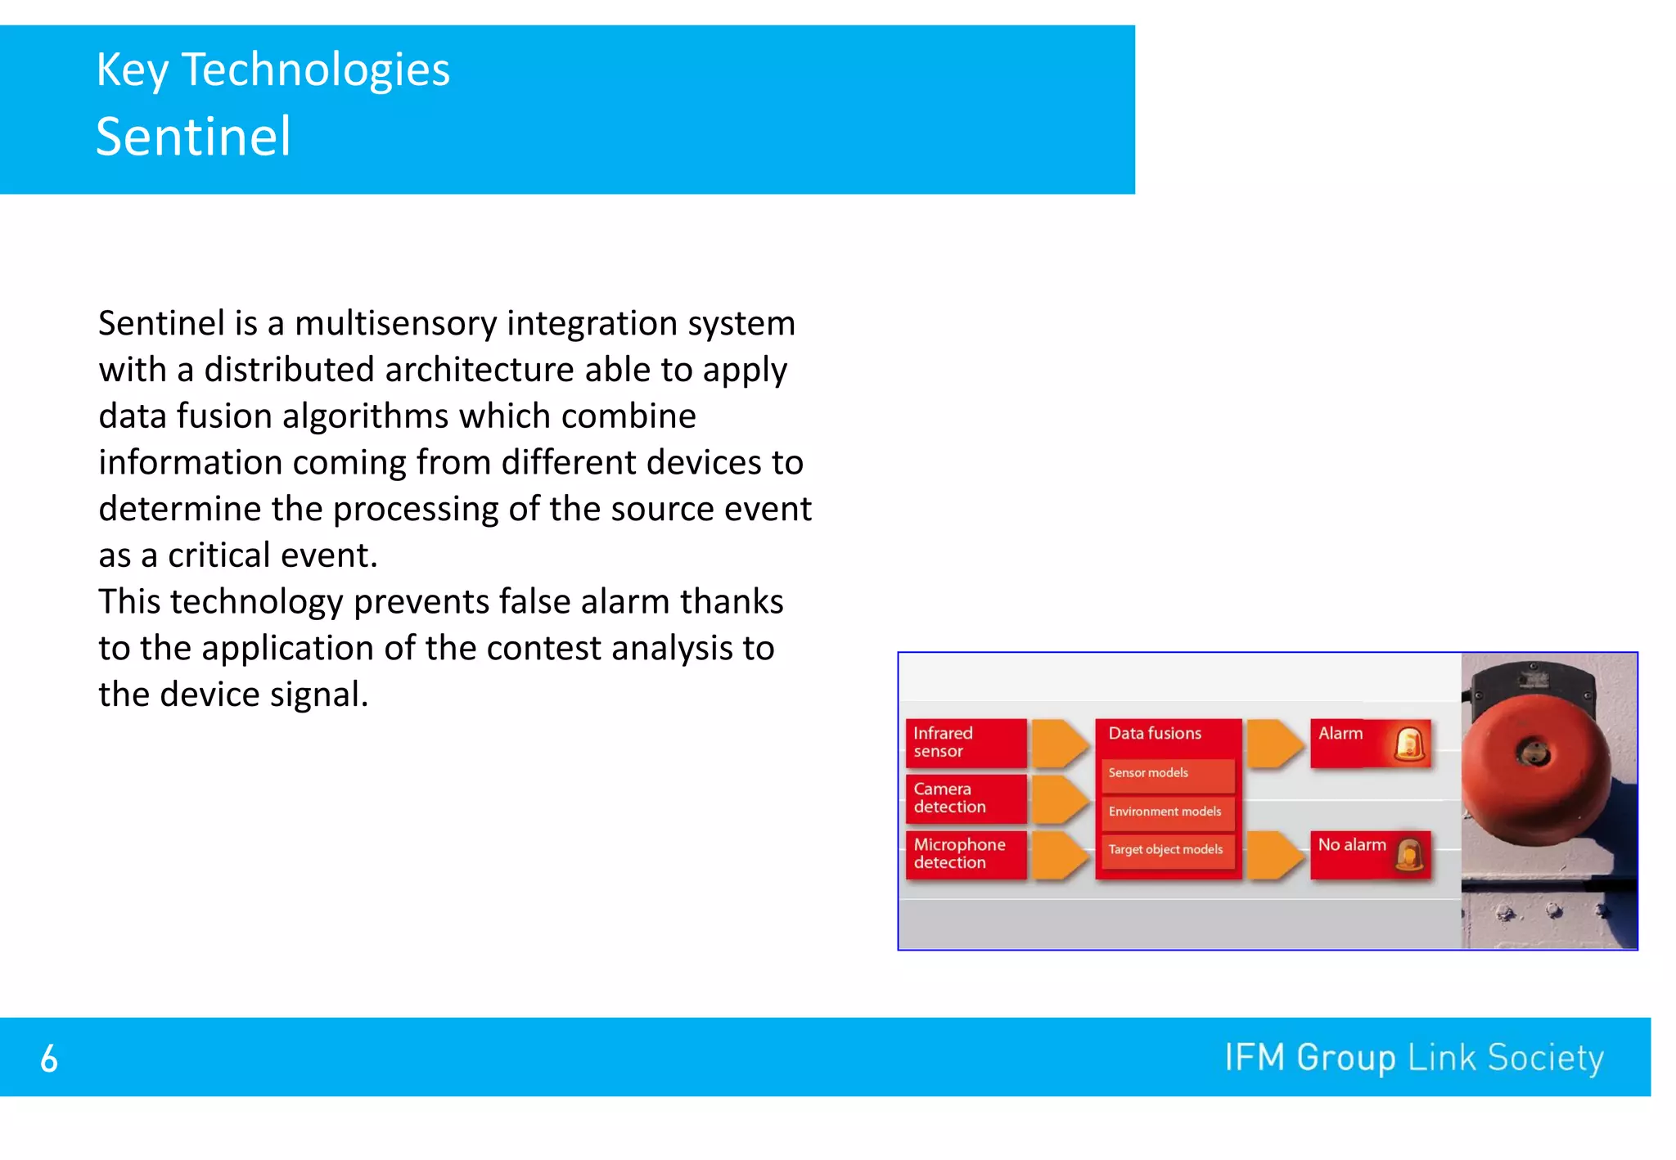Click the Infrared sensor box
[x=965, y=742]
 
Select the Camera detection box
[x=965, y=798]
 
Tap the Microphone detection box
[x=965, y=853]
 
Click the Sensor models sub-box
[x=1167, y=774]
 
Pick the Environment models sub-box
[x=1167, y=812]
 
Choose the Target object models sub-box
[x=1167, y=850]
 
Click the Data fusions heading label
[x=1155, y=734]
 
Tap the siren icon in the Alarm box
[x=1409, y=744]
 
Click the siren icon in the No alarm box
[x=1409, y=855]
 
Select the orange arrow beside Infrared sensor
[x=1059, y=743]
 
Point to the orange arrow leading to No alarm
[x=1273, y=855]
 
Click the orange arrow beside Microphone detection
[x=1059, y=855]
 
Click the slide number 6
[x=49, y=1059]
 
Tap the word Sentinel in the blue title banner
[x=193, y=137]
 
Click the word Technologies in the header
[x=315, y=70]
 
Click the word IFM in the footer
[x=1255, y=1057]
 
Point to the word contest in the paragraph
[x=543, y=649]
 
